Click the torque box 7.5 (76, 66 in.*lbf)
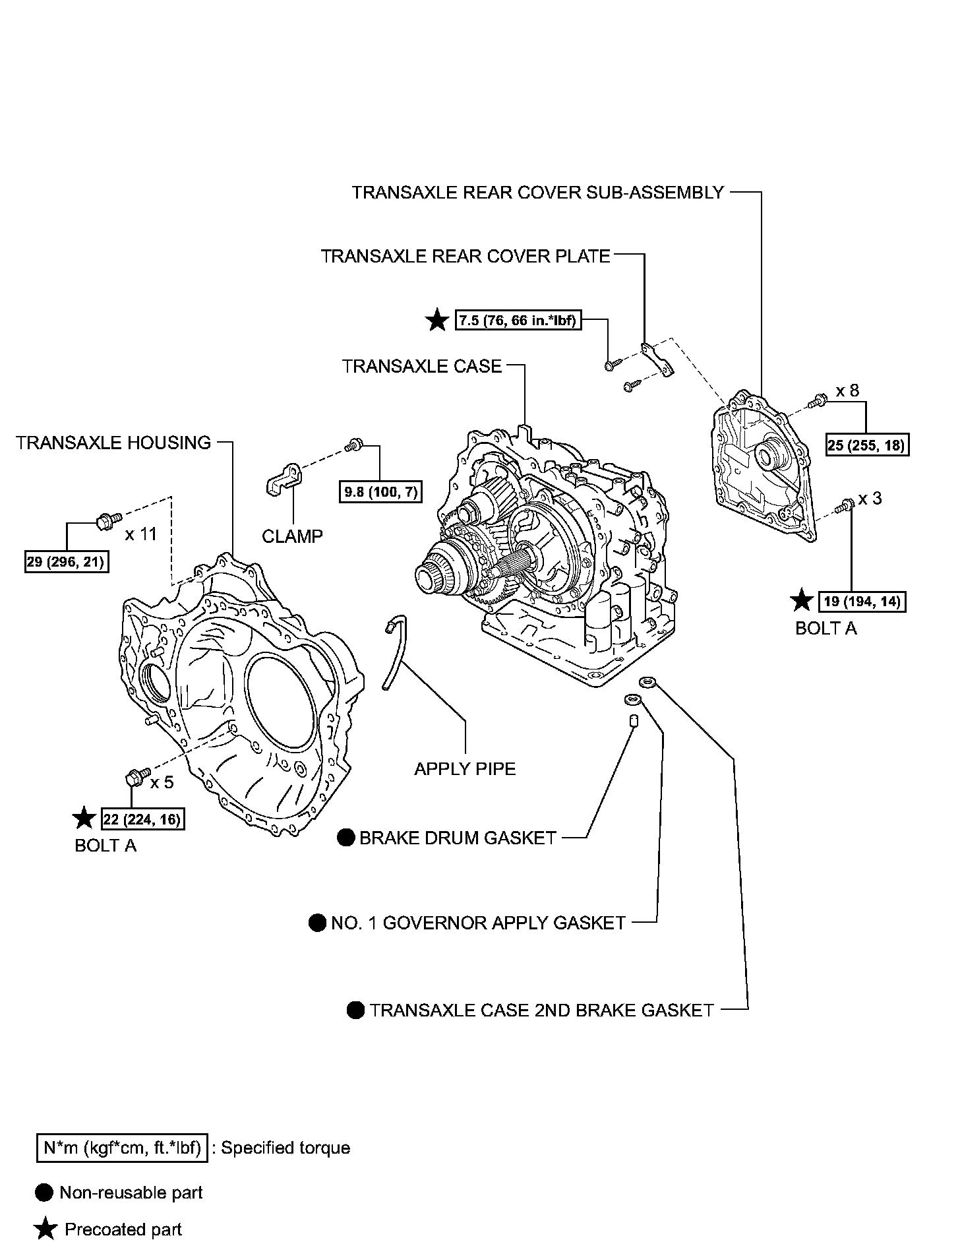518,321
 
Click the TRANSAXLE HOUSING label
113,443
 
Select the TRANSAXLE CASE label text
422,366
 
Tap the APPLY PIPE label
465,768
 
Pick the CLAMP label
293,536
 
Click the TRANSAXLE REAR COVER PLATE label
465,256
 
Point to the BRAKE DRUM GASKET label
458,838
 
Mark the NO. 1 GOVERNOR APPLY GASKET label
478,923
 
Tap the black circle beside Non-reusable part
45,1192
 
